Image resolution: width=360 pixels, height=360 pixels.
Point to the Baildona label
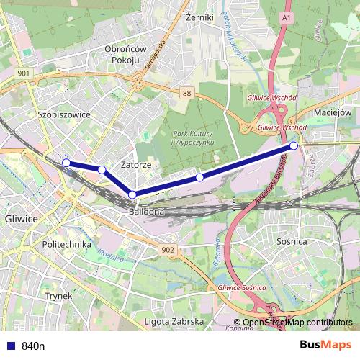[x=147, y=213]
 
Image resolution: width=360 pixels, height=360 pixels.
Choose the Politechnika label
[x=66, y=244]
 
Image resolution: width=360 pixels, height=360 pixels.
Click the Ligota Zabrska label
[x=174, y=321]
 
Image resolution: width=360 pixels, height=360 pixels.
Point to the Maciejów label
[x=332, y=113]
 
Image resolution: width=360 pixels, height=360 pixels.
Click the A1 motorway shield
[x=287, y=15]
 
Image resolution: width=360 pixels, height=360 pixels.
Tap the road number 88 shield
[x=187, y=93]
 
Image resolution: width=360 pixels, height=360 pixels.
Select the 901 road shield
[x=24, y=73]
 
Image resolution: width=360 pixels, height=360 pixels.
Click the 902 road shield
[x=168, y=249]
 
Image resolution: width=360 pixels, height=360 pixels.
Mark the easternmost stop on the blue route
[x=294, y=146]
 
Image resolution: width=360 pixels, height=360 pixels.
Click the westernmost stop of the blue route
[x=66, y=163]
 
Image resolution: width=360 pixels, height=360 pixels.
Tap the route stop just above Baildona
[x=132, y=194]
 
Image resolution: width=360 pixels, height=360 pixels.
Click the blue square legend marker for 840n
[x=9, y=346]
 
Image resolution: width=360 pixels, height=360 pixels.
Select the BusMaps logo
[x=325, y=345]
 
